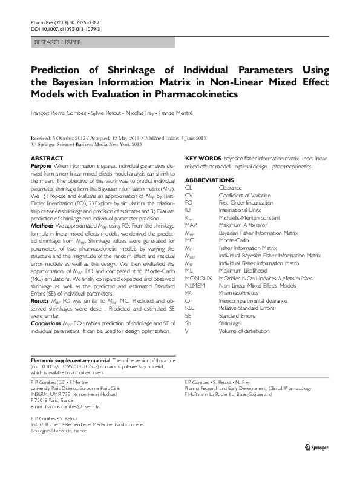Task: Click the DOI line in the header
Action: [x=65, y=28]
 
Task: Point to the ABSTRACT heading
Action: [x=46, y=158]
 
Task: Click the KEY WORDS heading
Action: [x=202, y=158]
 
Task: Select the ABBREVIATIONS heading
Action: [x=209, y=180]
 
